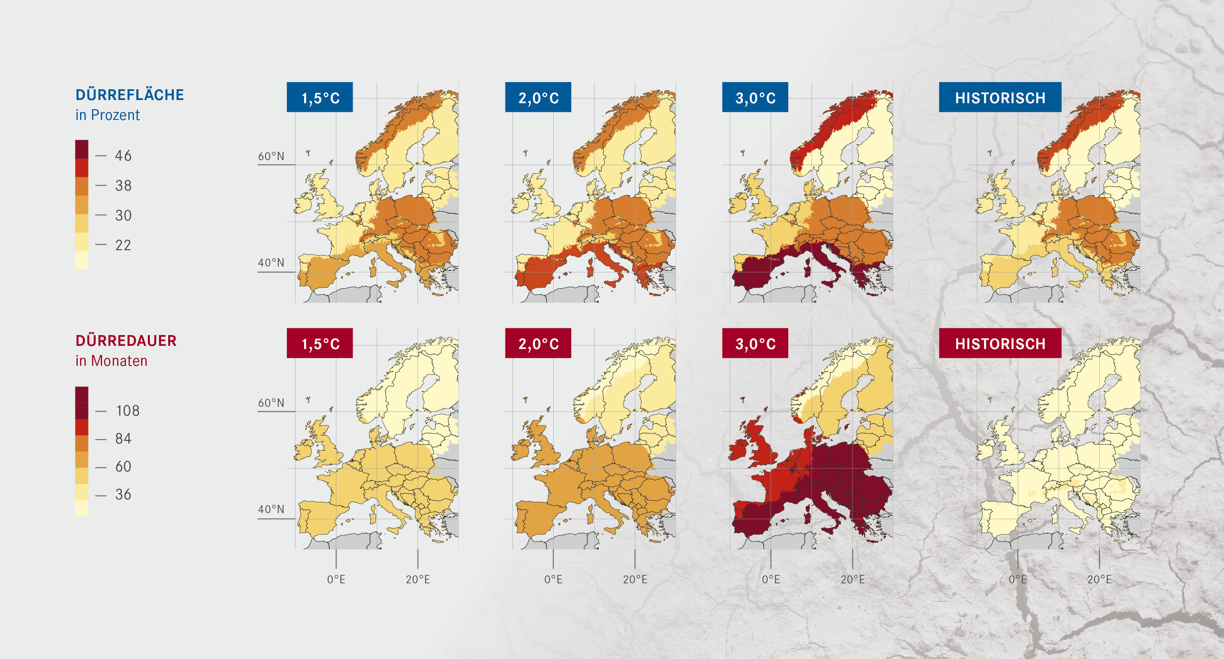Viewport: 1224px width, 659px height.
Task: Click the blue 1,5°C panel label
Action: click(x=320, y=97)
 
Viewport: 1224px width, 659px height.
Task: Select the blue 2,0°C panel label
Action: click(x=538, y=97)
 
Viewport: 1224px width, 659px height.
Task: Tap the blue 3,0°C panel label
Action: click(x=755, y=97)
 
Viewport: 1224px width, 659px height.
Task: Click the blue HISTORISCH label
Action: click(x=1000, y=97)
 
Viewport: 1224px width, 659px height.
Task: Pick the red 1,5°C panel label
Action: click(x=320, y=343)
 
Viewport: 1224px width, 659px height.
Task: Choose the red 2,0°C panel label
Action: click(x=538, y=343)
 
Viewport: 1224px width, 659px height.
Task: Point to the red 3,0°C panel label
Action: click(x=755, y=343)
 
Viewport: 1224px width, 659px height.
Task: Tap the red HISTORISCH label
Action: click(x=1000, y=343)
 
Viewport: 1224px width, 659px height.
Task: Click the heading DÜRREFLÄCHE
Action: click(x=129, y=94)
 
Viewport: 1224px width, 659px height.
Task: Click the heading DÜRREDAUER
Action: click(x=126, y=340)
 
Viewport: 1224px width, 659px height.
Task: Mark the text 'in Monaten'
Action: click(x=111, y=361)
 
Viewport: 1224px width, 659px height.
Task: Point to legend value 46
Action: click(x=123, y=156)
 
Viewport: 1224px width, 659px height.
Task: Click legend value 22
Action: click(x=123, y=245)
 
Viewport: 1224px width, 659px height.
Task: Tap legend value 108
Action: click(x=127, y=410)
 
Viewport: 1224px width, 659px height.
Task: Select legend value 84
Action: click(x=123, y=439)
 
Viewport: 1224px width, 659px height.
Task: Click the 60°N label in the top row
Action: click(x=271, y=156)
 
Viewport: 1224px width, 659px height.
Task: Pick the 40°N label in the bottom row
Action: click(x=271, y=509)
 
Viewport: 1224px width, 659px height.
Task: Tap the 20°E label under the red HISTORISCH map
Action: click(x=1099, y=579)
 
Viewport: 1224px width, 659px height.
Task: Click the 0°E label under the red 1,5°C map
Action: click(x=336, y=579)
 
